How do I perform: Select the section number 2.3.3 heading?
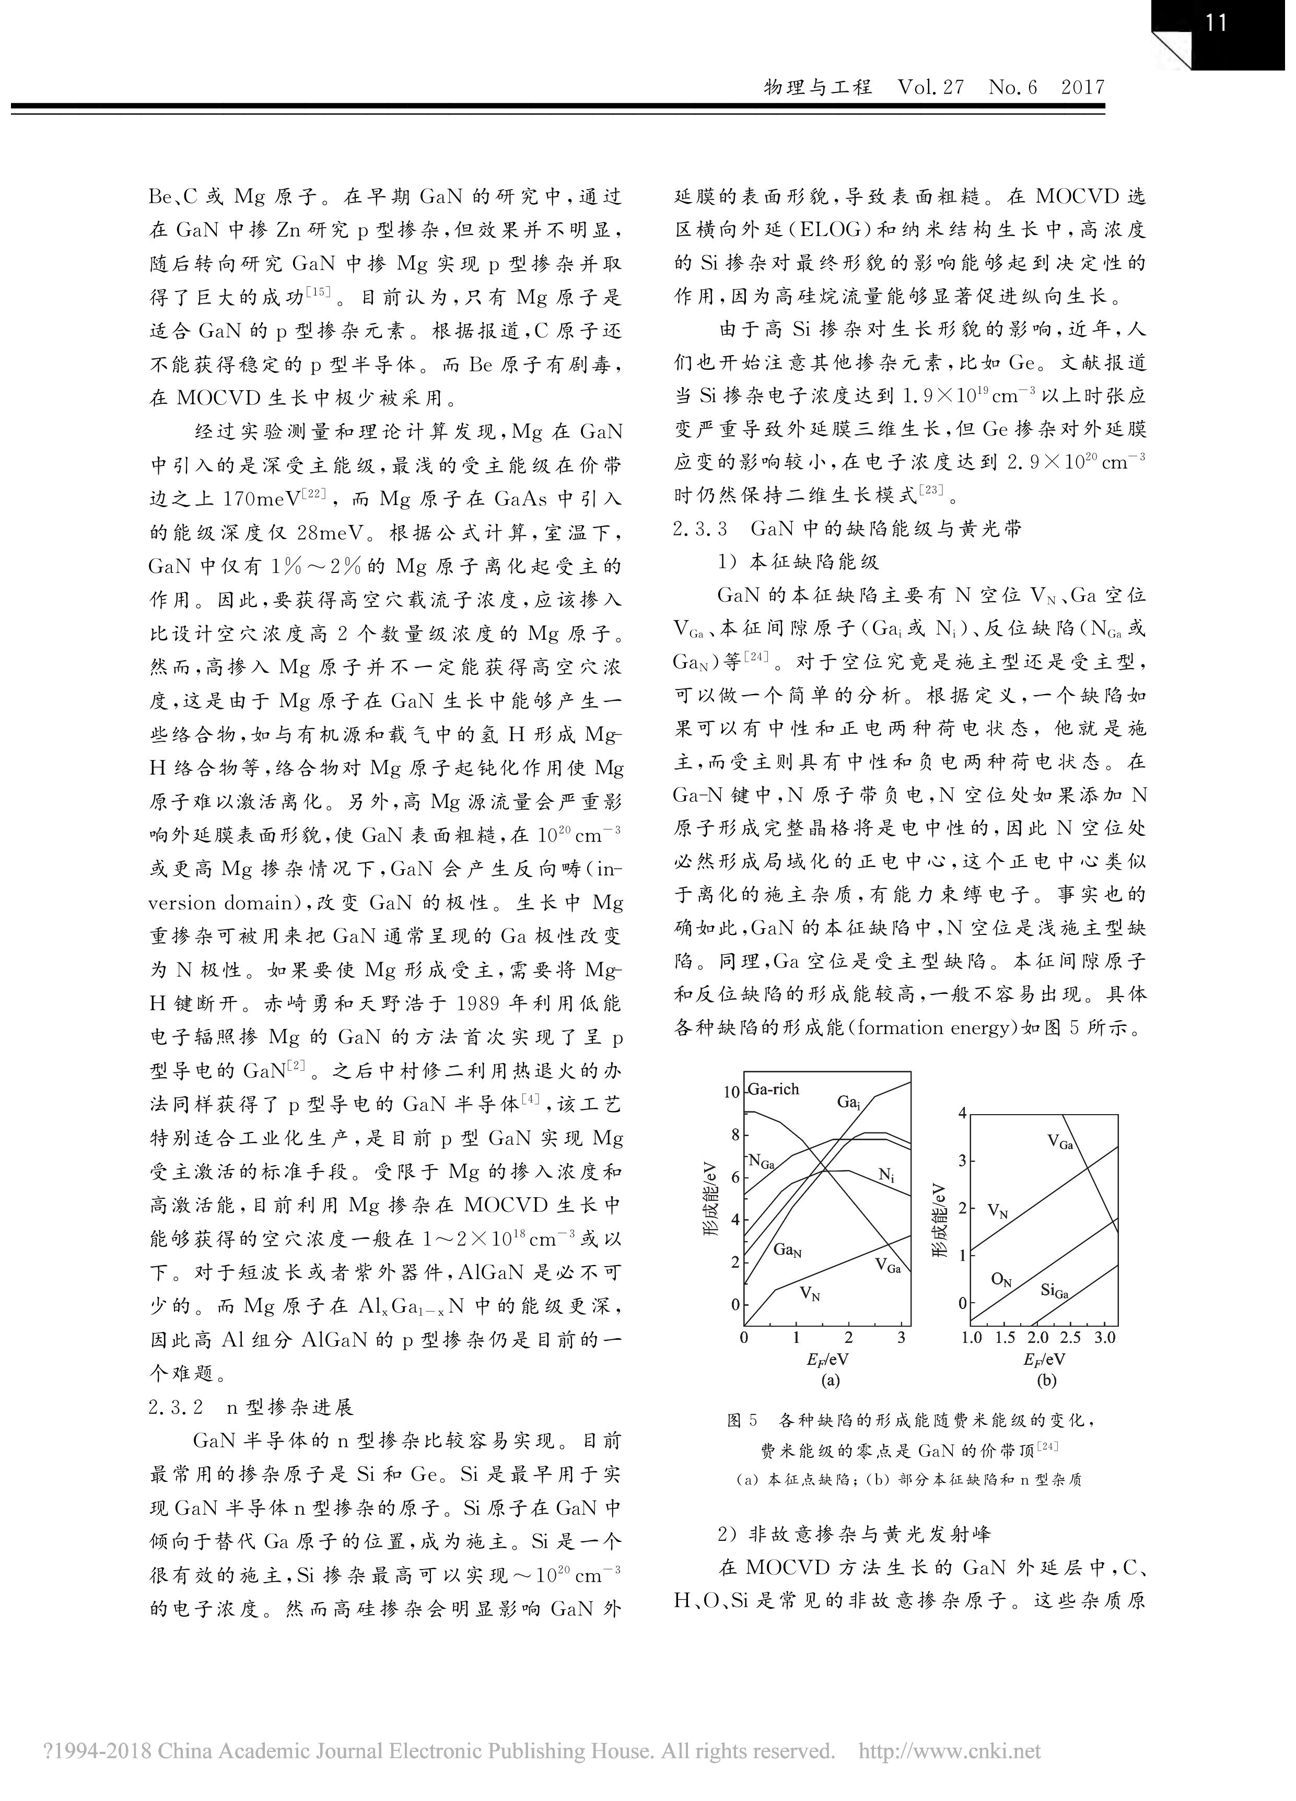pyautogui.click(x=699, y=528)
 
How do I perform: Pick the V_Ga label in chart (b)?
pyautogui.click(x=1059, y=1142)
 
